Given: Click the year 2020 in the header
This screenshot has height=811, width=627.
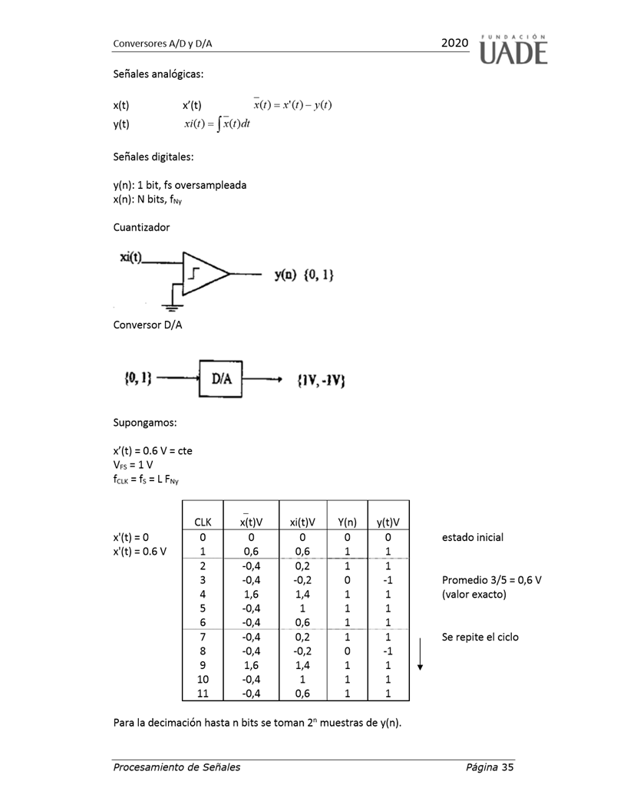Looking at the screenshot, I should [454, 44].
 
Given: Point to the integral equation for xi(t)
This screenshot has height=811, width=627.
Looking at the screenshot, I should [216, 124].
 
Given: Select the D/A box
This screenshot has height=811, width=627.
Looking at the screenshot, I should [221, 377].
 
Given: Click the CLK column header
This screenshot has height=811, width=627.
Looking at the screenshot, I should [203, 522].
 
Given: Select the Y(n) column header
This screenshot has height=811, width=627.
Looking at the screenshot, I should [347, 522].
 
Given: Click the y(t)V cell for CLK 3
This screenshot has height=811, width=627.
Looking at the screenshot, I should [388, 579].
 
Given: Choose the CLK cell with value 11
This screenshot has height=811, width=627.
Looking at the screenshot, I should [203, 694].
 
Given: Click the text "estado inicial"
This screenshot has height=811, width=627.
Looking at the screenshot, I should [473, 537].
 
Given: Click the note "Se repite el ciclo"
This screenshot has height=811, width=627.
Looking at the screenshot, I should [480, 637].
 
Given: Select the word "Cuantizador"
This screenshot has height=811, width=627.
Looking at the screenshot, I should [141, 228].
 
